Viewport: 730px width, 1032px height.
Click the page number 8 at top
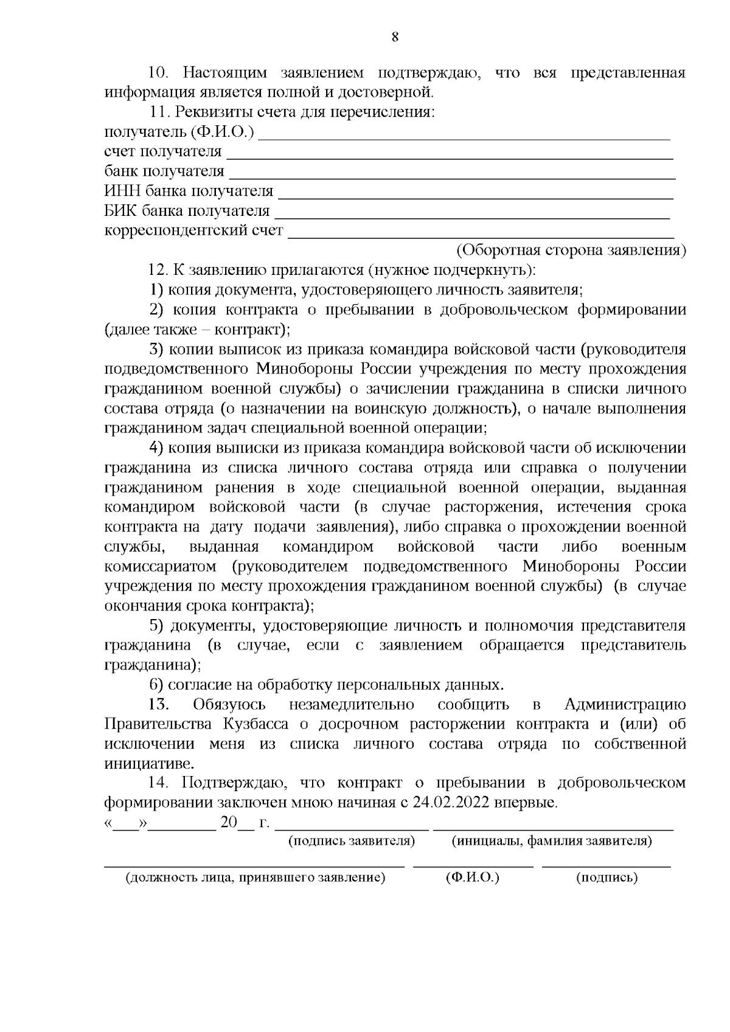[395, 38]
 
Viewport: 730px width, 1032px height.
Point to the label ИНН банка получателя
[189, 192]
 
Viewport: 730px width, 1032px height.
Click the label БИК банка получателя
[187, 211]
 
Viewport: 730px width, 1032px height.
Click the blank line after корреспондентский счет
[481, 235]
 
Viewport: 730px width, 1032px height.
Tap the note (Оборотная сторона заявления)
[571, 251]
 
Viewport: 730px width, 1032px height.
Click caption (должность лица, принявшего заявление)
[255, 878]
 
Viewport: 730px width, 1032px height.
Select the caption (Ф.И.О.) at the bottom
[472, 878]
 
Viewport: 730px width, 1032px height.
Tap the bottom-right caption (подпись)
[607, 878]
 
